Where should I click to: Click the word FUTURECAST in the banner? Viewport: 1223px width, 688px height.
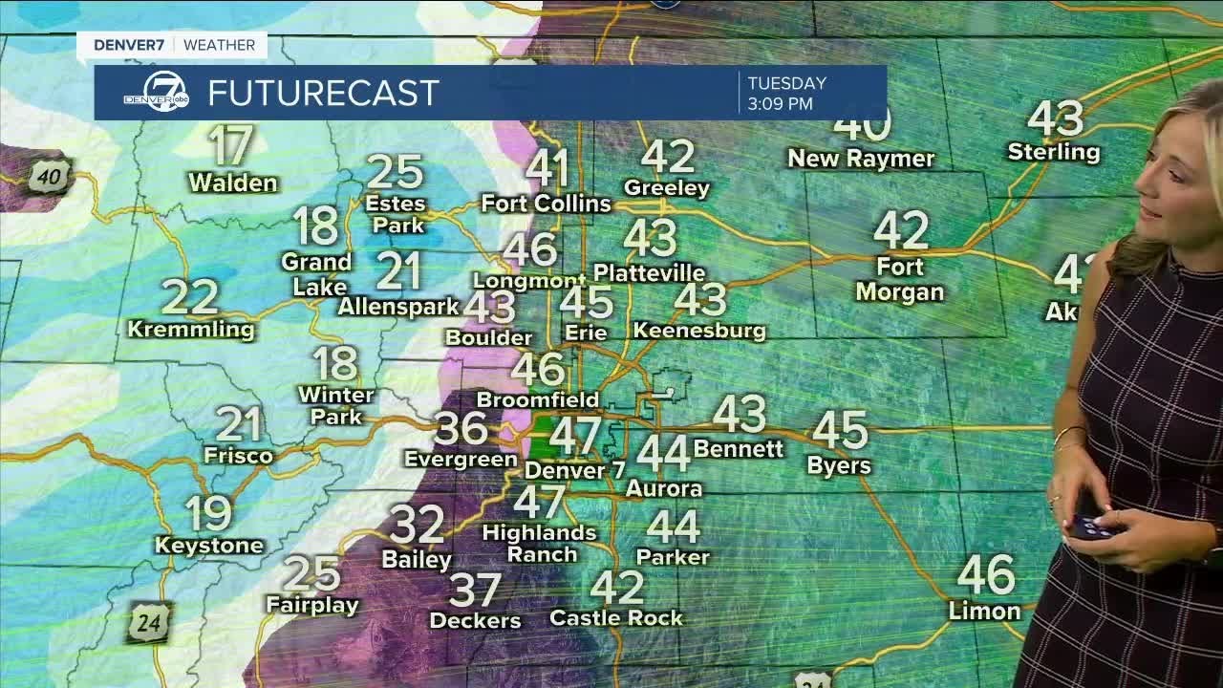pos(323,93)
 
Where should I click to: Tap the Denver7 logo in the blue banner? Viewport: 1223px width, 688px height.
pos(155,93)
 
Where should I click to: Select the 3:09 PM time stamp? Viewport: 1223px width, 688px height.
pos(781,103)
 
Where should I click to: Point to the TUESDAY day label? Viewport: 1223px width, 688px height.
pos(786,83)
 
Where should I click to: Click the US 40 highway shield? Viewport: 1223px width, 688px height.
pos(48,176)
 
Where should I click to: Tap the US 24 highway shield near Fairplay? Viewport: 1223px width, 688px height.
pos(150,622)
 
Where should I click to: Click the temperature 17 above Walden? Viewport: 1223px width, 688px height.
pos(230,147)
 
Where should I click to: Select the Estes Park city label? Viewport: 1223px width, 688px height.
pos(396,215)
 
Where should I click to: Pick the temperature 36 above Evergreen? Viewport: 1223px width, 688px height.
pos(461,428)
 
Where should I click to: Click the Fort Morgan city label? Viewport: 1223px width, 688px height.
pos(899,280)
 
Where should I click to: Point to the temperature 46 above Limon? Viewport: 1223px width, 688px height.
pos(986,574)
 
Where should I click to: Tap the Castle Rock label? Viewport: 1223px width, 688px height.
pos(616,618)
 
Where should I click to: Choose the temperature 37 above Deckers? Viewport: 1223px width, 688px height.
pos(475,591)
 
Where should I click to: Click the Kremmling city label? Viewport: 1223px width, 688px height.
pos(191,330)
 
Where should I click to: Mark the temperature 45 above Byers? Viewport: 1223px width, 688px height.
pos(840,430)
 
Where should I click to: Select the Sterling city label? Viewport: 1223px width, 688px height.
pos(1054,152)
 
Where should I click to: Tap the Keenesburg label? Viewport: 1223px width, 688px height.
pos(699,331)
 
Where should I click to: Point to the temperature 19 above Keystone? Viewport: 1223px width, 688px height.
pos(208,514)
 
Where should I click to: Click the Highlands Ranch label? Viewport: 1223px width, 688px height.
pos(540,543)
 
